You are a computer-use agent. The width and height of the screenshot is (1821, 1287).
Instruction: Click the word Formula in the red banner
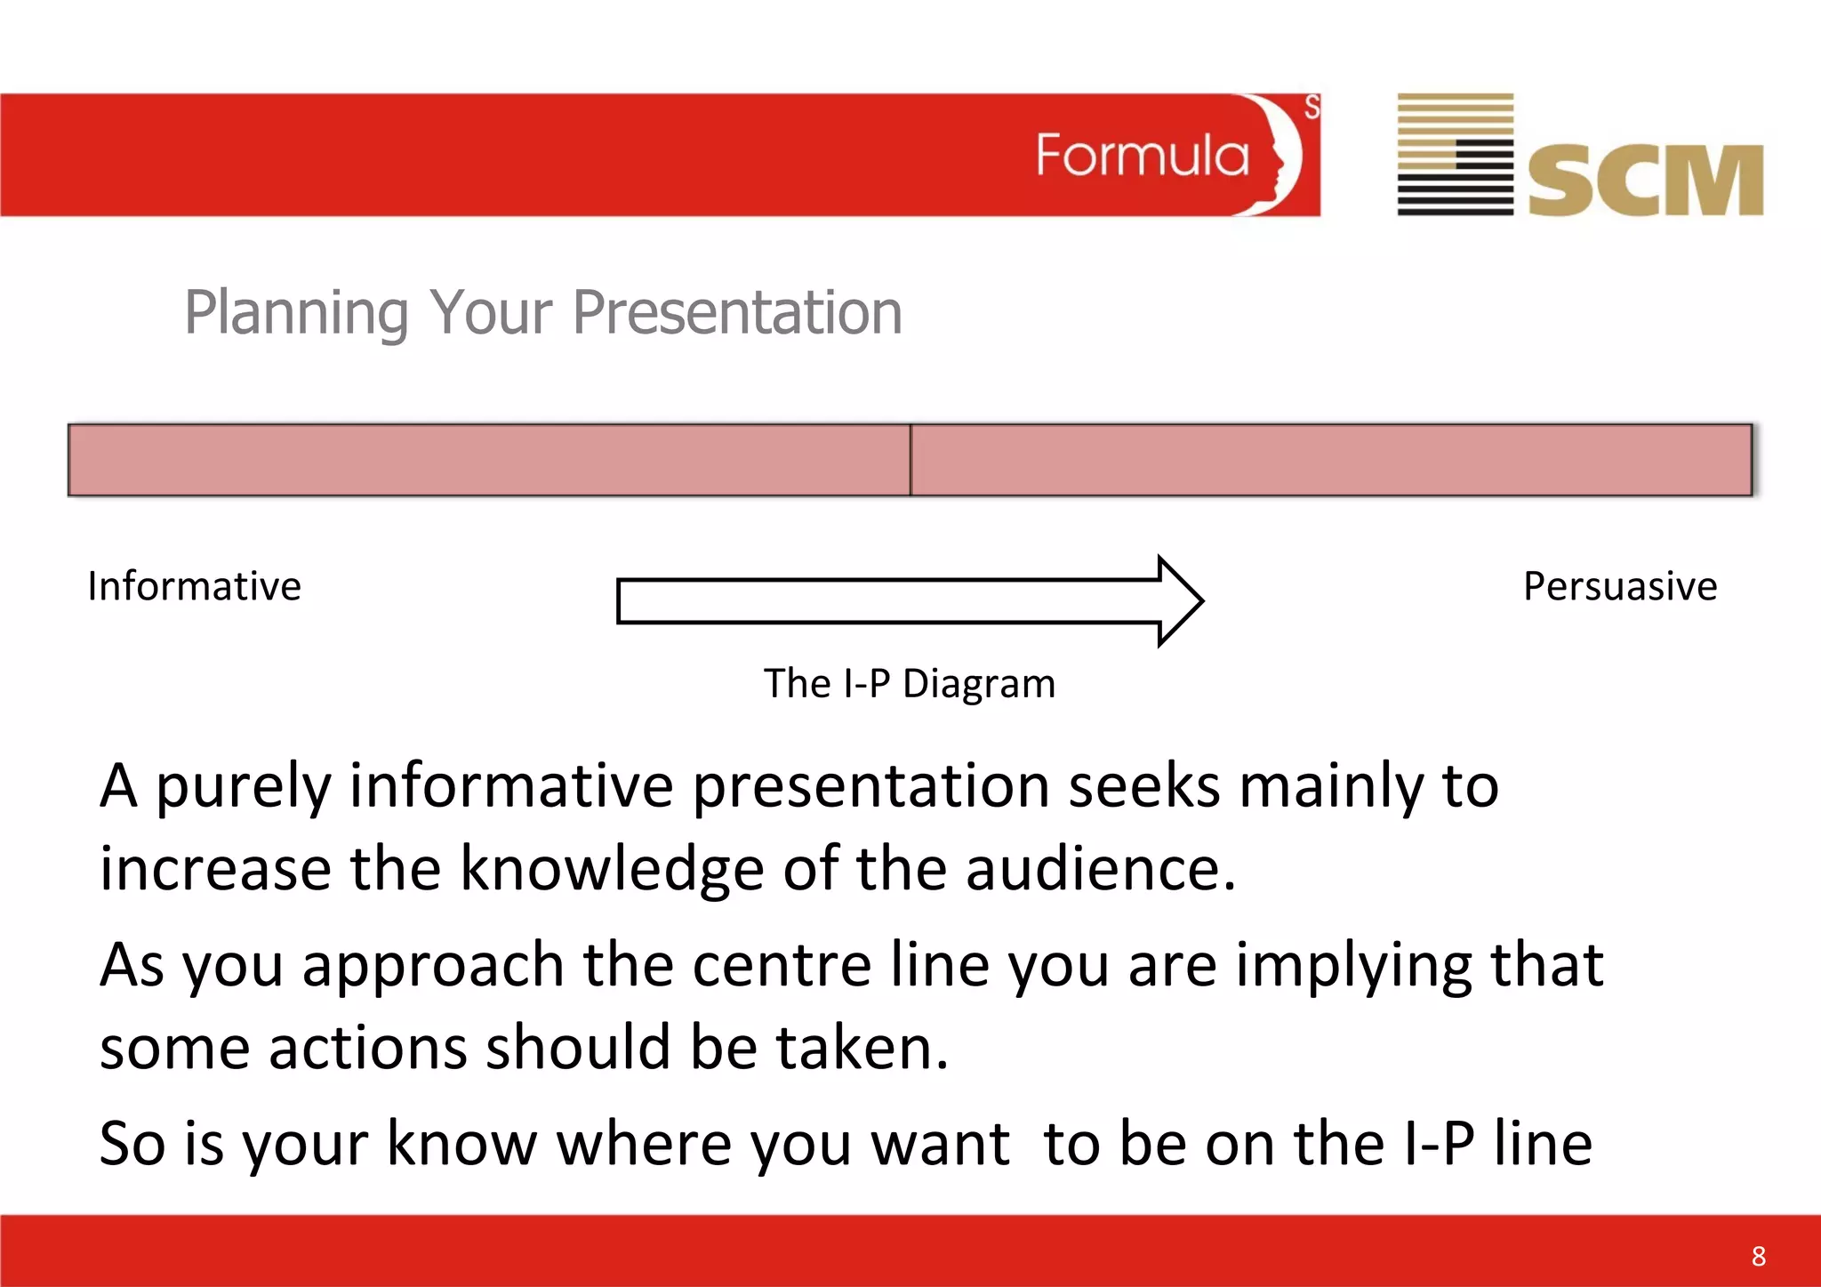tap(1143, 156)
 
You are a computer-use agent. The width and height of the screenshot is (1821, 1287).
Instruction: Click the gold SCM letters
tap(1645, 181)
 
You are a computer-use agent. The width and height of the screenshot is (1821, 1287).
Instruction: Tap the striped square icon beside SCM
tap(1456, 154)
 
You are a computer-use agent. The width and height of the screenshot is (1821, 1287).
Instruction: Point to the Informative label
tap(195, 587)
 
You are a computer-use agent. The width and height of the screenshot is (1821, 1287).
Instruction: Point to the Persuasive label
tap(1620, 587)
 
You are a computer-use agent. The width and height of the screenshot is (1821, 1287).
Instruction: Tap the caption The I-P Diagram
tap(910, 684)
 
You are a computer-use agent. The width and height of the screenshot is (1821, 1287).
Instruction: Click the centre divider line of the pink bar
tap(910, 460)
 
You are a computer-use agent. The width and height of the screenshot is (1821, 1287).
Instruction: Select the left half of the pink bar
tap(489, 460)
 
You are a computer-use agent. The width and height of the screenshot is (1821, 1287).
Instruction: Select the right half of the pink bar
tap(1331, 460)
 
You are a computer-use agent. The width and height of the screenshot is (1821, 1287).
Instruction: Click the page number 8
tap(1758, 1256)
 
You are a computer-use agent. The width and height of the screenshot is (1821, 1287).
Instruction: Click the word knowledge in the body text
tap(612, 870)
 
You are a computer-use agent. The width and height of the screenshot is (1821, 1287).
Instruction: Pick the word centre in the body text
tap(782, 965)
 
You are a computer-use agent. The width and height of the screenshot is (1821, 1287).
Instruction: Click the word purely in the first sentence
tap(243, 788)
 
